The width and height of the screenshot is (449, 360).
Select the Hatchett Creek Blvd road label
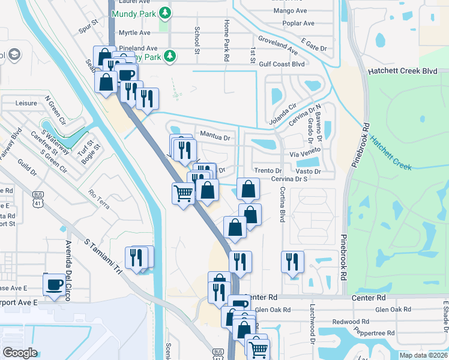tap(402, 71)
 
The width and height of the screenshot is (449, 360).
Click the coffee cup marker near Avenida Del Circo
tap(54, 284)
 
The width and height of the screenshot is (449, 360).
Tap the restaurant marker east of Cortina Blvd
tap(292, 262)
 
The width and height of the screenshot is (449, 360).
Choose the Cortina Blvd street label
tap(281, 204)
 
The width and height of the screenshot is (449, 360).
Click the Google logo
tap(20, 353)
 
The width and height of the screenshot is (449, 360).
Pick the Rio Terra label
tap(99, 199)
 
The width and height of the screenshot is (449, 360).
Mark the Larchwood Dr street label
tap(312, 331)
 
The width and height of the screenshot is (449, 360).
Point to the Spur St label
tap(88, 29)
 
